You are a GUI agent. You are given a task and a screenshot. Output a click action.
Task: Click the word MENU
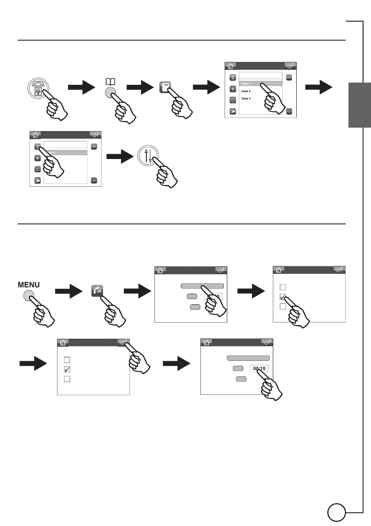29,285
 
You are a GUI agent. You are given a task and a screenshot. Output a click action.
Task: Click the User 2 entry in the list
246,91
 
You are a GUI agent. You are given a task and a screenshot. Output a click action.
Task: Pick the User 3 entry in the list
246,98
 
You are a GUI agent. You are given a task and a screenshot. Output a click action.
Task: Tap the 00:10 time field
259,368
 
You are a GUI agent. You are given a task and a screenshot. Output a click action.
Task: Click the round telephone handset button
38,87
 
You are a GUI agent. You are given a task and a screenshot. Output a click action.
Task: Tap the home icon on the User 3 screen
230,66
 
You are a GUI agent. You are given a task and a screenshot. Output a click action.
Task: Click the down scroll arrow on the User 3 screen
289,111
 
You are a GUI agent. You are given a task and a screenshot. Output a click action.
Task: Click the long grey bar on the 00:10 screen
248,358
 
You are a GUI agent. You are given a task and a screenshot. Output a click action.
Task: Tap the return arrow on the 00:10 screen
266,342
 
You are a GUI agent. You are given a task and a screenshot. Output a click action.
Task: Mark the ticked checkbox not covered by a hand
67,369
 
